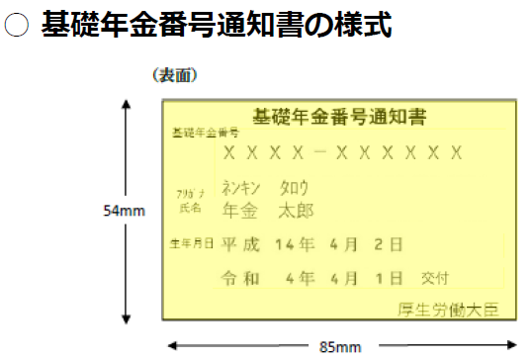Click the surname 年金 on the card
[x=240, y=210]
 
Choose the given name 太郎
[x=295, y=210]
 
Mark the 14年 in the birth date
[x=297, y=243]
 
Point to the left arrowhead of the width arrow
[x=171, y=344]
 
